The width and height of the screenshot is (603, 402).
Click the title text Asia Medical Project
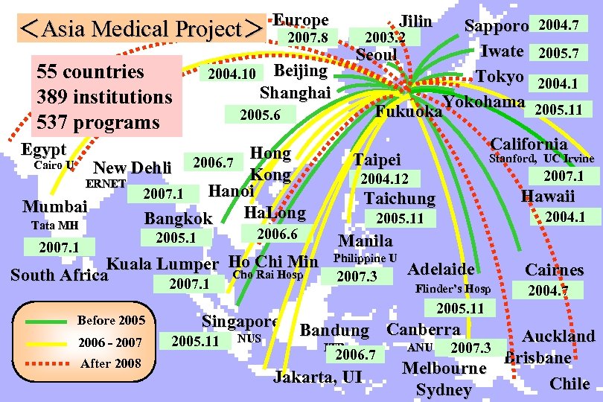[x=141, y=30]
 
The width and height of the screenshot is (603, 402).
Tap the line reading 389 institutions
[x=104, y=97]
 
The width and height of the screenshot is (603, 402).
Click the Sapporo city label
[x=496, y=26]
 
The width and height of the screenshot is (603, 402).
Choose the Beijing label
[x=301, y=71]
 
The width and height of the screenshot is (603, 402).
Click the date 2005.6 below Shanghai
[x=260, y=115]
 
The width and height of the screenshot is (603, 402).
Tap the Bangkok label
[x=178, y=219]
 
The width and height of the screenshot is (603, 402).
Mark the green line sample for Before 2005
[x=49, y=321]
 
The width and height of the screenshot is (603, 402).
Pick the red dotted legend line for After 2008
[x=49, y=363]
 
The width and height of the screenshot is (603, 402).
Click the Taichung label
[x=399, y=199]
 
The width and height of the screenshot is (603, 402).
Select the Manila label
[x=365, y=240]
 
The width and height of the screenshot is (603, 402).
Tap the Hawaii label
[x=548, y=197]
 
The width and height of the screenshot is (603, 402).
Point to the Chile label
[x=569, y=384]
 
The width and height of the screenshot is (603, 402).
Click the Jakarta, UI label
[x=318, y=377]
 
